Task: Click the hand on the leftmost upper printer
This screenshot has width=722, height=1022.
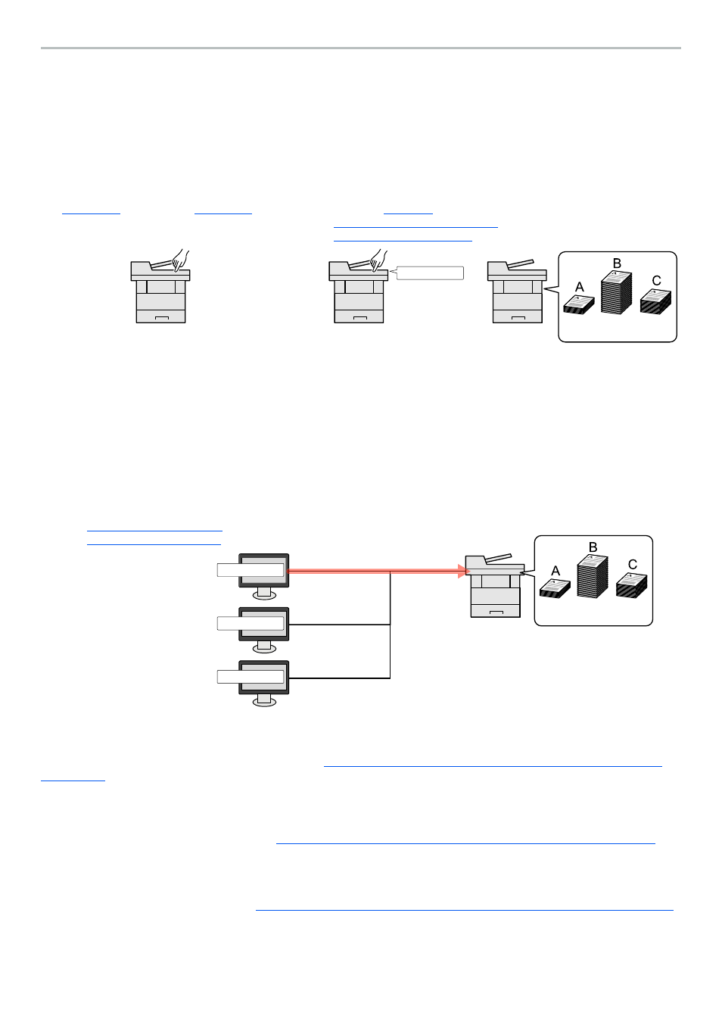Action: click(x=180, y=260)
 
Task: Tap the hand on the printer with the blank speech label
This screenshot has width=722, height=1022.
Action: click(x=378, y=260)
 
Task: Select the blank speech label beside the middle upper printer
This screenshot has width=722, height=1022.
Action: click(x=430, y=273)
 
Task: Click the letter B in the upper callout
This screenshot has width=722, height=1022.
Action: click(x=617, y=263)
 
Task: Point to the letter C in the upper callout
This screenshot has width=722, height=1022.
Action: click(x=656, y=281)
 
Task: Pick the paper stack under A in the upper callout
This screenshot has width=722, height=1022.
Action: click(x=579, y=304)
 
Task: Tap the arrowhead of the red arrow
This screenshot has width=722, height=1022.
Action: click(x=464, y=571)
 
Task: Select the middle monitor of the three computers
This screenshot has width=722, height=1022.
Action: click(x=264, y=624)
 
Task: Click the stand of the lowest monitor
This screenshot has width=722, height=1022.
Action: click(x=264, y=700)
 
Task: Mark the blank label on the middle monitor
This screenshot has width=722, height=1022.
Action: click(x=251, y=623)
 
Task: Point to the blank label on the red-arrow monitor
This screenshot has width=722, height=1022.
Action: click(x=251, y=570)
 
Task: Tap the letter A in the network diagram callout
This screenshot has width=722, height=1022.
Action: click(x=556, y=571)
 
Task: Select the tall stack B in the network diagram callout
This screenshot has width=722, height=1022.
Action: click(x=592, y=577)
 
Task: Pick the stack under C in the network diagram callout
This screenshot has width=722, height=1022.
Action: click(x=631, y=585)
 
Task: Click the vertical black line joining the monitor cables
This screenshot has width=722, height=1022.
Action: click(x=391, y=625)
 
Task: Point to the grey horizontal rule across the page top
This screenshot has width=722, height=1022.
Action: click(x=361, y=48)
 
